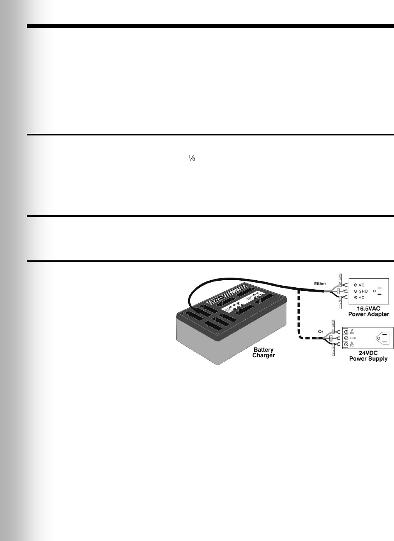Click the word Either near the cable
[x=320, y=283]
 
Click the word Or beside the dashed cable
[x=321, y=332]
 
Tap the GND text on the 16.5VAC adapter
[x=363, y=291]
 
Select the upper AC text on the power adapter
[x=362, y=285]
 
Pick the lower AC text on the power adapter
[x=362, y=297]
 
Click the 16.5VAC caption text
[x=368, y=308]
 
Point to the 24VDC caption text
[x=368, y=353]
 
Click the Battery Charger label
[x=263, y=352]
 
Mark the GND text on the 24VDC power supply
[x=353, y=338]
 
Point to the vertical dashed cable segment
[x=299, y=312]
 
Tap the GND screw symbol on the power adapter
[x=355, y=291]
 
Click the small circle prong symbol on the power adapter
[x=375, y=291]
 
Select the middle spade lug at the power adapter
[x=345, y=291]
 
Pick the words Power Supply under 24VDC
[x=368, y=359]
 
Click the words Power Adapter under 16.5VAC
[x=368, y=314]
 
